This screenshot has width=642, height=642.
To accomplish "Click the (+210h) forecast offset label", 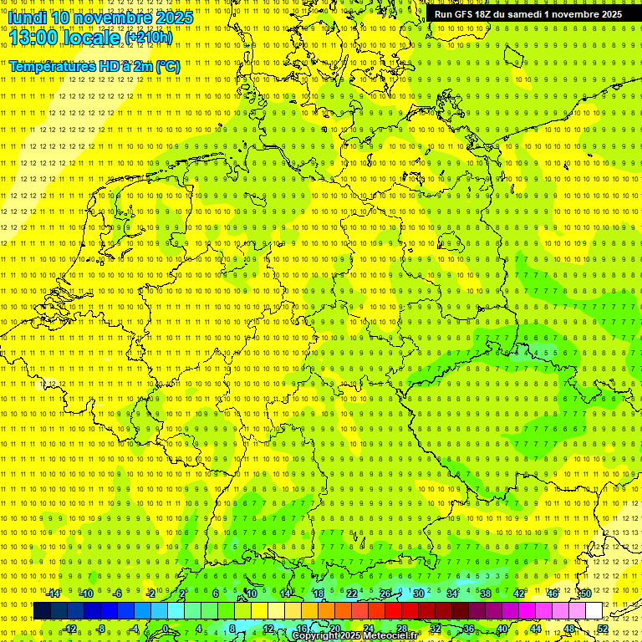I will click(x=149, y=38).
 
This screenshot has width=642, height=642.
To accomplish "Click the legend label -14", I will click(x=53, y=594).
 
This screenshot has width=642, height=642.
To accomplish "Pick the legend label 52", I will click(x=603, y=629).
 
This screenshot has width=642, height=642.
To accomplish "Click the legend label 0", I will click(x=166, y=629).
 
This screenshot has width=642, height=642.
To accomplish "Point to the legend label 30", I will click(x=418, y=594).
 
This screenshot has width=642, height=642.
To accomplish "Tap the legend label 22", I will click(x=351, y=594).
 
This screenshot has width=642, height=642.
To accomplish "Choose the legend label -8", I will click(x=100, y=629).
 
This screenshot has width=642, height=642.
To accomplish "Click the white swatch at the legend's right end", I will click(x=594, y=611).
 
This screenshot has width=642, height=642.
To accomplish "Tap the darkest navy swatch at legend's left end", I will click(x=42, y=611).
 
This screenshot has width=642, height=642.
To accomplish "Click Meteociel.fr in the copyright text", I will click(x=395, y=636).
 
